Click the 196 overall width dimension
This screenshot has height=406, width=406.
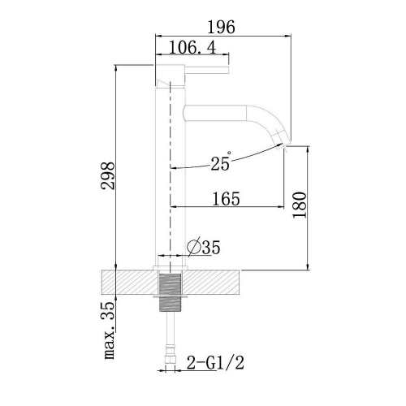coord(222,28)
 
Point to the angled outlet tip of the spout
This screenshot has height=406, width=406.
coord(284,139)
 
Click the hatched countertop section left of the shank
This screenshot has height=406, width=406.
coord(126,283)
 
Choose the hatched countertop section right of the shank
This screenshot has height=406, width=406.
coord(215,283)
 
